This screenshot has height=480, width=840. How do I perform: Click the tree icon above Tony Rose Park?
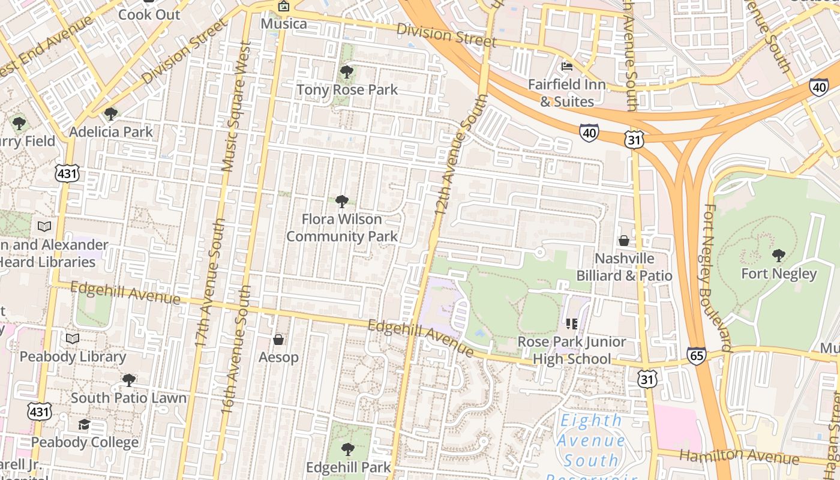(346, 73)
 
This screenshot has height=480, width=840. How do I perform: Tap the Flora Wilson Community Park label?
(341, 228)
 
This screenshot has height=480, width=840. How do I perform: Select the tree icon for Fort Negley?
(779, 256)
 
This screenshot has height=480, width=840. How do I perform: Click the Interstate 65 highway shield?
(697, 355)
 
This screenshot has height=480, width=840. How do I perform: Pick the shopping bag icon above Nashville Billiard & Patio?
(624, 241)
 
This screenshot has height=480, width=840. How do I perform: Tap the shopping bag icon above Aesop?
(278, 340)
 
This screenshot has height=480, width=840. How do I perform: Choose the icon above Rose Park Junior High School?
(571, 324)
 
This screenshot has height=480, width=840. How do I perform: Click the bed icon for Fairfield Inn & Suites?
(566, 67)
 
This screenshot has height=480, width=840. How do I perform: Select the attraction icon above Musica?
(284, 7)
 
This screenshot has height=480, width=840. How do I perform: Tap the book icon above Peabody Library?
(73, 339)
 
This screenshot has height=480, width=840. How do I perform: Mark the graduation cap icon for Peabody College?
(84, 425)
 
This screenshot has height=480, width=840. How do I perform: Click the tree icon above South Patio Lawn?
(128, 380)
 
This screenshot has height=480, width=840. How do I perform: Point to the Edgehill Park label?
(348, 467)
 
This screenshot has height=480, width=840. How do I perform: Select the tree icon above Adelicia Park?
(110, 114)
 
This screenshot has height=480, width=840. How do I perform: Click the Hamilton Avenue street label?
(739, 456)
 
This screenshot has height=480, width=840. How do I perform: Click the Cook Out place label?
(149, 14)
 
